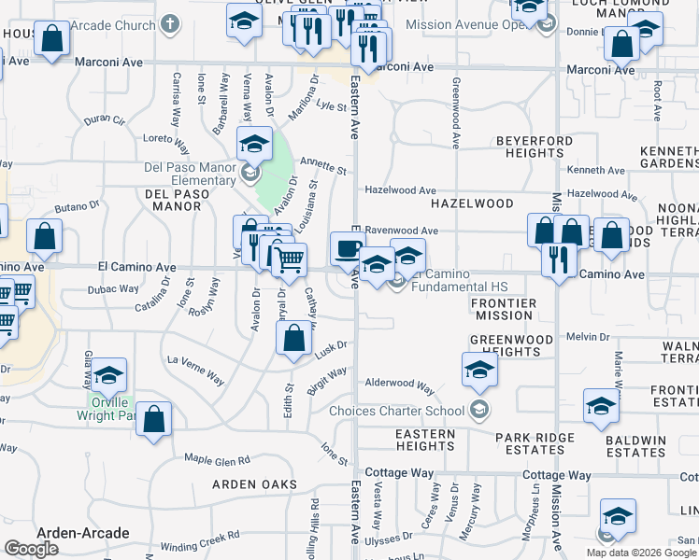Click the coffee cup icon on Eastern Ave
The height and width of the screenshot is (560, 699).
(x=348, y=248)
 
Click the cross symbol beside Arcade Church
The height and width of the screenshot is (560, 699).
(x=169, y=21)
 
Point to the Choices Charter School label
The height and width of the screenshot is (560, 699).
(x=408, y=411)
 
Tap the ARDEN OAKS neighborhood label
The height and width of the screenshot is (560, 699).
(x=254, y=484)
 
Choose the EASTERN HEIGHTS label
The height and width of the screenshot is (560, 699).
(x=425, y=441)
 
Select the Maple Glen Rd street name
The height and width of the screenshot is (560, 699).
(x=217, y=460)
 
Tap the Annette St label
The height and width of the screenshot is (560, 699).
(x=323, y=166)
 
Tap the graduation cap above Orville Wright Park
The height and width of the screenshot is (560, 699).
(x=109, y=375)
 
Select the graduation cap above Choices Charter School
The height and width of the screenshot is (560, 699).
(x=479, y=370)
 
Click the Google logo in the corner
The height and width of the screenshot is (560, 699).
(x=31, y=549)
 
